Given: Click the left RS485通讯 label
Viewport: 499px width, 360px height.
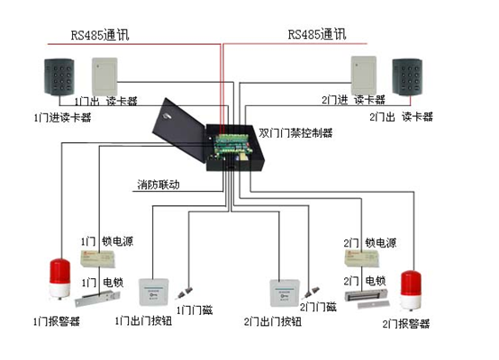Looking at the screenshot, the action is pos(100,35).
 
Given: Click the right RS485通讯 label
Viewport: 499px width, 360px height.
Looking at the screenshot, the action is pos(317,34).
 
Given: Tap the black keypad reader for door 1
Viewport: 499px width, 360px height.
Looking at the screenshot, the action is pos(59,76).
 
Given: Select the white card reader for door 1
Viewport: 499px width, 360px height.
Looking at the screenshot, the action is pos(104,76).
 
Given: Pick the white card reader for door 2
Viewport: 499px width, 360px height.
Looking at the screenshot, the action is pos(363,76).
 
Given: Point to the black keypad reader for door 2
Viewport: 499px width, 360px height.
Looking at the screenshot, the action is pos(407,76).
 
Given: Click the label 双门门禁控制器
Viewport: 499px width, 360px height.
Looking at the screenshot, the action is pos(295,132).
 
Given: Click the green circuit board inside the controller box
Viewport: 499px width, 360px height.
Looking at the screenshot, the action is pos(231,146).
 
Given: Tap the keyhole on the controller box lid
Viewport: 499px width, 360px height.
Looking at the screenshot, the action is pos(167,116).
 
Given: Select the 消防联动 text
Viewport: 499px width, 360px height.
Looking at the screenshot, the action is pos(159,184).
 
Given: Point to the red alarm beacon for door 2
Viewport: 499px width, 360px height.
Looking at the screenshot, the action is pos(411,290).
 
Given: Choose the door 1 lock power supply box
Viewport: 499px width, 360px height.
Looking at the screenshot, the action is pos(98,258).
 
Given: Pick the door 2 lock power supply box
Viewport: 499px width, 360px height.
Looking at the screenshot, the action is pos(362,258).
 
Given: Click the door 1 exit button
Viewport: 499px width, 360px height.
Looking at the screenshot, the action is pos(153,292).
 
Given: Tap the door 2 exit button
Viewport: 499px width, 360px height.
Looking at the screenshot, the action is pos(285,292).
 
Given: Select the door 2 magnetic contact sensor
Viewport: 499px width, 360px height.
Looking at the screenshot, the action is pos(310,292).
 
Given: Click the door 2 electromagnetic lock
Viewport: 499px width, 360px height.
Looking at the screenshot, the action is pos(367,298).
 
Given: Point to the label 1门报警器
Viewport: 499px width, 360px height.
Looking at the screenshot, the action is pos(57,321).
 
